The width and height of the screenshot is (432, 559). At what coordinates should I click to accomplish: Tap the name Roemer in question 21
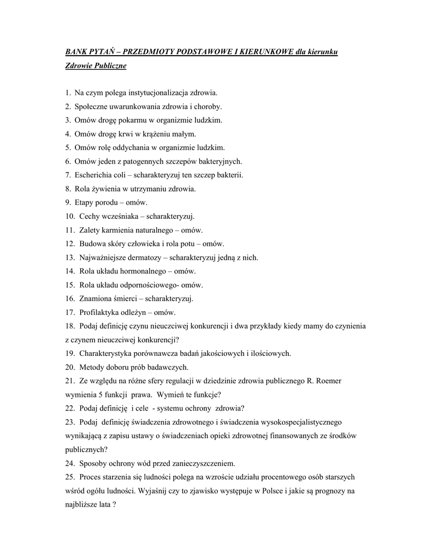pyautogui.click(x=327, y=380)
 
